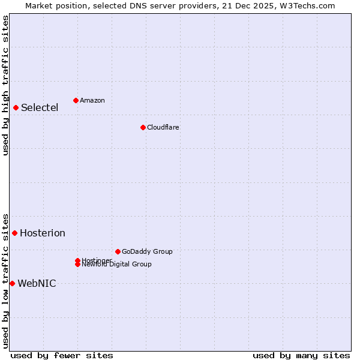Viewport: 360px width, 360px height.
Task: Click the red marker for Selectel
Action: pos(16,108)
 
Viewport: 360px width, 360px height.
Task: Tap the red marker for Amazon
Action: pos(76,100)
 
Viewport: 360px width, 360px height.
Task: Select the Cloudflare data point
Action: pos(143,127)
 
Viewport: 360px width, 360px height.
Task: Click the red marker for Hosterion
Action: pos(15,233)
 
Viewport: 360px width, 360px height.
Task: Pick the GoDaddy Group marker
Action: pos(118,251)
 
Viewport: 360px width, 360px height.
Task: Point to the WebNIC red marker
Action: pos(12,283)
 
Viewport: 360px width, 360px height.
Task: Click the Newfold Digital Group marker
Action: pos(78,264)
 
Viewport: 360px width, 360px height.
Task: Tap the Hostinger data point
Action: pos(78,260)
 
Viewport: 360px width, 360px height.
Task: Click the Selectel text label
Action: pos(40,108)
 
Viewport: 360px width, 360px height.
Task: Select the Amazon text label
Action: pos(92,100)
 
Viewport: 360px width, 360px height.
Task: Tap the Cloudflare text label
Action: pos(163,127)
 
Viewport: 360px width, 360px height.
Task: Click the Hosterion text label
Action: pos(43,233)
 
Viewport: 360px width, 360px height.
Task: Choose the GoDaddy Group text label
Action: pos(147,251)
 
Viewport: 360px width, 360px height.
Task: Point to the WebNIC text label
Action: pos(37,284)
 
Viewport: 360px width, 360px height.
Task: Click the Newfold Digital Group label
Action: pos(116,265)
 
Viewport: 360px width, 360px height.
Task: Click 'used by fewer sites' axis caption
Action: pos(62,355)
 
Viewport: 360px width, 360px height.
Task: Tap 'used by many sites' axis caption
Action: pos(301,355)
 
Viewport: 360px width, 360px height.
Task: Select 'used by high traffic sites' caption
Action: pos(5,85)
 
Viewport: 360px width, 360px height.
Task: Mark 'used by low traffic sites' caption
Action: pos(5,280)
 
